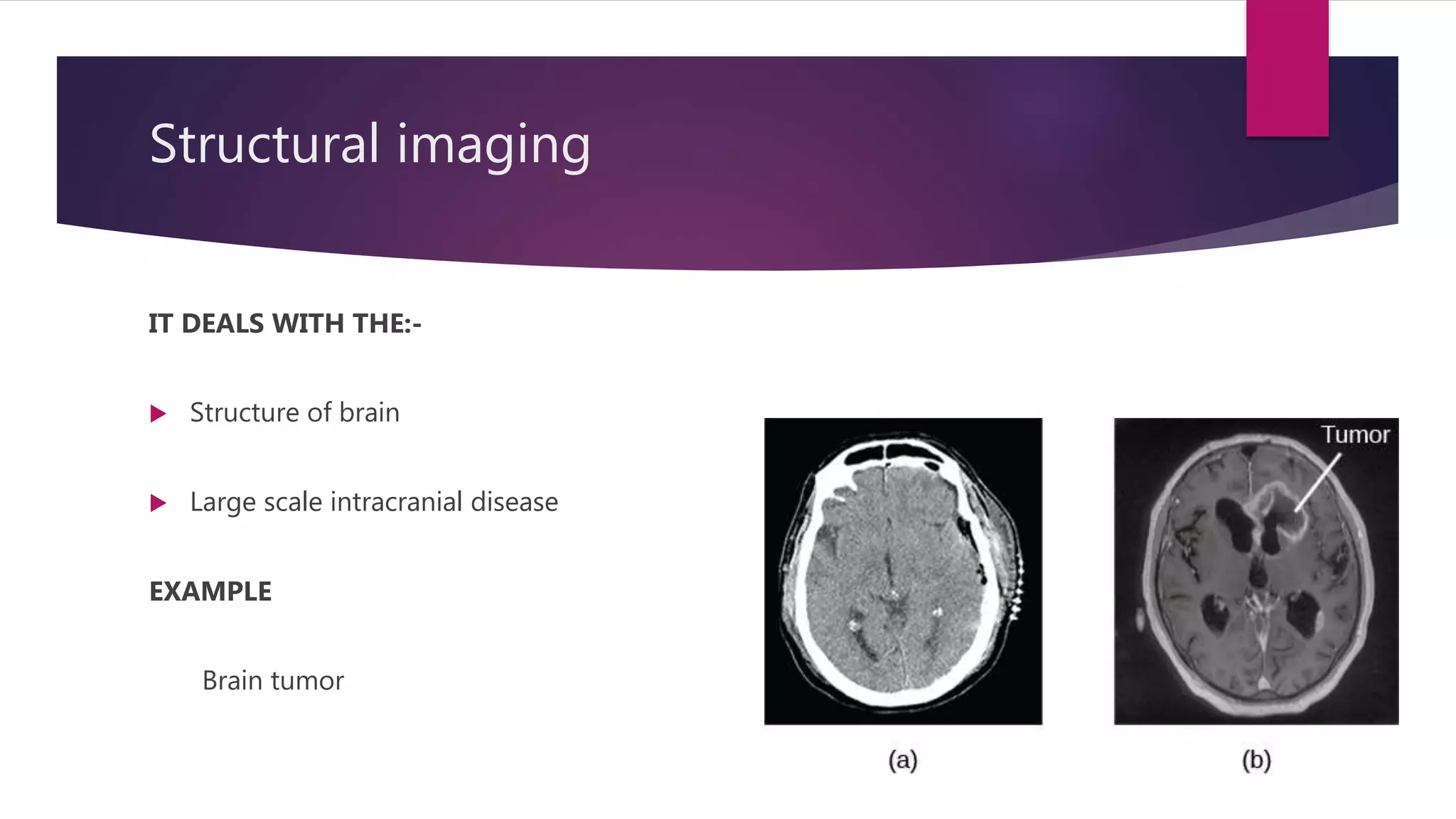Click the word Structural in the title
click(x=264, y=144)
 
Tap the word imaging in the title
click(x=493, y=146)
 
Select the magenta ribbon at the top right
click(x=1287, y=68)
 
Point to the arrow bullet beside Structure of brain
click(x=159, y=414)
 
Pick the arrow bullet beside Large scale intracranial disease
click(x=159, y=503)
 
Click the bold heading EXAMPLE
click(x=210, y=591)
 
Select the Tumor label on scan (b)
click(x=1355, y=434)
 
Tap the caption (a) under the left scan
click(x=903, y=760)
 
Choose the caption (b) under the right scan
click(x=1256, y=760)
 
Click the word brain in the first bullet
click(x=369, y=412)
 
